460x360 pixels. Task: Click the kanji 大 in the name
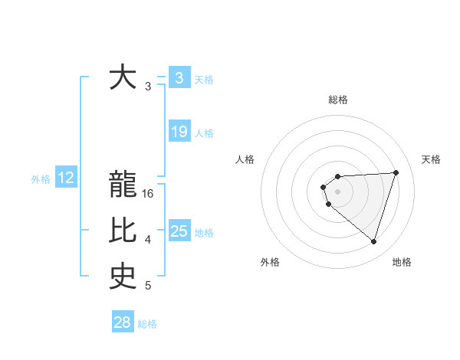[123, 77]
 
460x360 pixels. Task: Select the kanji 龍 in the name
[123, 185]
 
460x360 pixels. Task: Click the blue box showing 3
[179, 77]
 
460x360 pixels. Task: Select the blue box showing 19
[179, 132]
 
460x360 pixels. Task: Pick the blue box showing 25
[179, 231]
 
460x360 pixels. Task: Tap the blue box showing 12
[66, 178]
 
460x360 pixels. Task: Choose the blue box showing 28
[123, 322]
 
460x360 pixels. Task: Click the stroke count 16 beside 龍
[149, 194]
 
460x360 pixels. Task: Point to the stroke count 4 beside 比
[148, 240]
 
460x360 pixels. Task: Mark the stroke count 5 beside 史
[148, 286]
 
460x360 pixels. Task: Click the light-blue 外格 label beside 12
[41, 179]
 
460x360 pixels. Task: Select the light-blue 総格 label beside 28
[147, 324]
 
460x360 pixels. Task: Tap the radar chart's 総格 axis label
[337, 100]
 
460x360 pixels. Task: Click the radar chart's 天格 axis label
[431, 159]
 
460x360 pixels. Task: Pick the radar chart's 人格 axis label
[245, 159]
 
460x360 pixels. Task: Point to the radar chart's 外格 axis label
[270, 262]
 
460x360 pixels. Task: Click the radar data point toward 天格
[396, 172]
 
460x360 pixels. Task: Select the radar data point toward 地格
[373, 241]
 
